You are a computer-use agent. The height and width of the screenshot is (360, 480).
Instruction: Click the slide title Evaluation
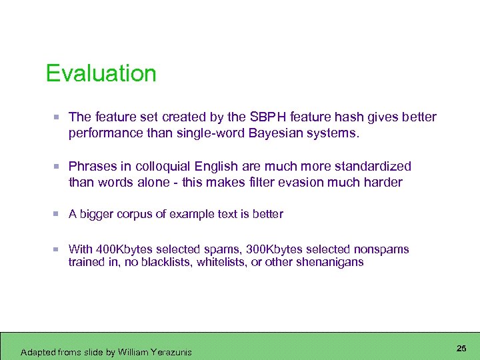101,73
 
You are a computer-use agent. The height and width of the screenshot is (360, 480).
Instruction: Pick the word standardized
373,166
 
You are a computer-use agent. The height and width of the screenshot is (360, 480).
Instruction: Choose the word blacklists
161,262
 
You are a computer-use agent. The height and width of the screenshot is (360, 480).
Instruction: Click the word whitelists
223,262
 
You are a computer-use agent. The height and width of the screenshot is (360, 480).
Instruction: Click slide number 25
461,348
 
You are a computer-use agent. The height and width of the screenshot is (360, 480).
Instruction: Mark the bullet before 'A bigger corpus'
58,214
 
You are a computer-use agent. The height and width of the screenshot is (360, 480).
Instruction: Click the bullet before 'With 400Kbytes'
58,249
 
